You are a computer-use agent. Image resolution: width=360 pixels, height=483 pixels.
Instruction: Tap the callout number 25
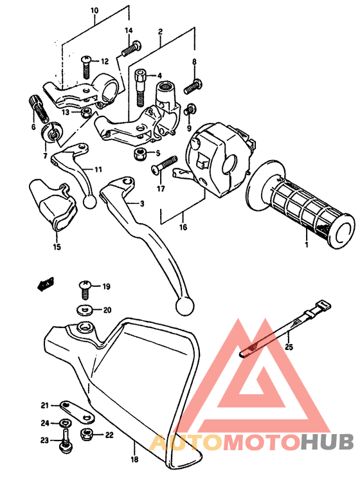tap(289, 347)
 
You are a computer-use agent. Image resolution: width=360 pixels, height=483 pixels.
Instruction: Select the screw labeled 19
tap(84, 286)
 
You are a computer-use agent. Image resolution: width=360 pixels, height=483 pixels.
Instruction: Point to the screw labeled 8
tap(192, 84)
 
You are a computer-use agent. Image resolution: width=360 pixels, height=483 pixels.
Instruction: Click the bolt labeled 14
tap(131, 47)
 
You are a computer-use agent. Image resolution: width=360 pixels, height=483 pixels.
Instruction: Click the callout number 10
tap(94, 11)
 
